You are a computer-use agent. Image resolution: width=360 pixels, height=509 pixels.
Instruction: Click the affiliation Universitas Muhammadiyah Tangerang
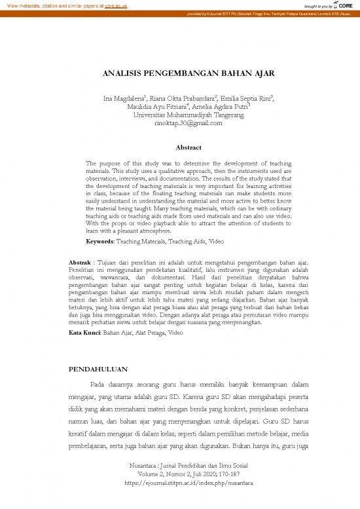179,115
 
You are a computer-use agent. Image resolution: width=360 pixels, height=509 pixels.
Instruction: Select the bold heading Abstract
179,147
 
